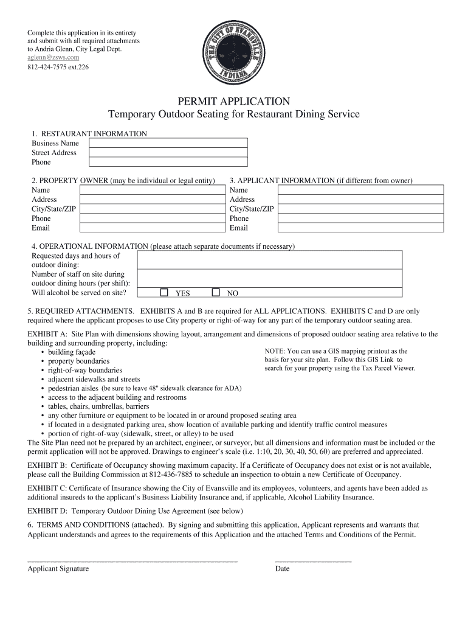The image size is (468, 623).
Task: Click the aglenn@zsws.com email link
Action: click(53, 57)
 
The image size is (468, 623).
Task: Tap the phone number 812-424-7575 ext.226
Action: click(58, 67)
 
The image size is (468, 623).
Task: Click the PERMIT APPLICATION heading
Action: click(233, 101)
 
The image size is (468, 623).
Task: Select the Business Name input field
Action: click(168, 143)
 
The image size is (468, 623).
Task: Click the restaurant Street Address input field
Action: click(168, 153)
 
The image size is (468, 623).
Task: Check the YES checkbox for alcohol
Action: click(164, 293)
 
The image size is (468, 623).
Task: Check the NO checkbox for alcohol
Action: click(215, 293)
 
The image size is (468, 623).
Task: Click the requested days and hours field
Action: click(269, 260)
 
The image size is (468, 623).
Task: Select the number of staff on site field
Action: click(269, 278)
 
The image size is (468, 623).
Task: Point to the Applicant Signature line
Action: click(132, 559)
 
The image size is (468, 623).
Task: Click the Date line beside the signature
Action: click(313, 559)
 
